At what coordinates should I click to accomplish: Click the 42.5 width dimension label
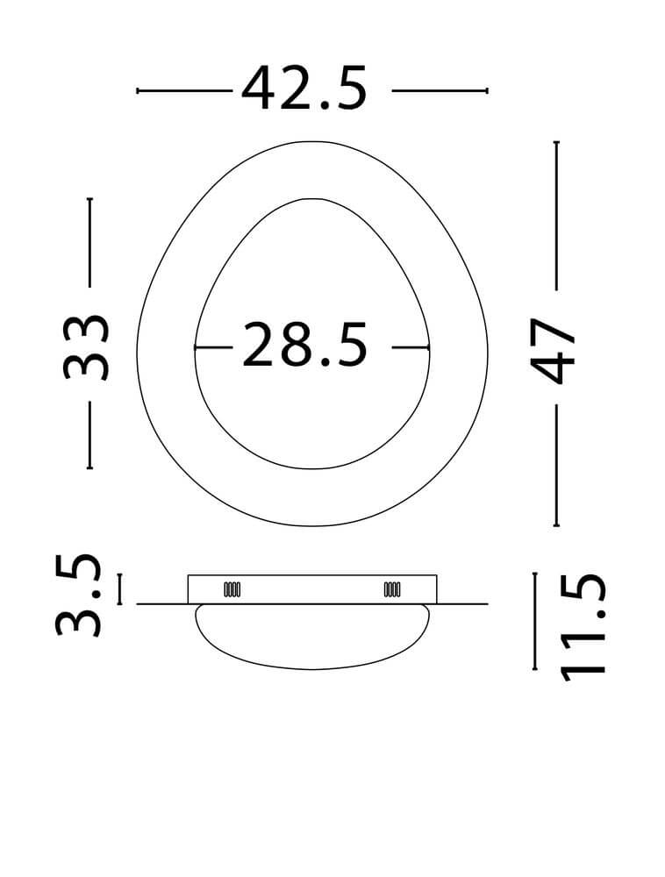pyautogui.click(x=304, y=89)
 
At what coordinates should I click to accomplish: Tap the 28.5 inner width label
pyautogui.click(x=304, y=345)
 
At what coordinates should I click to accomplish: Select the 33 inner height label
pyautogui.click(x=85, y=347)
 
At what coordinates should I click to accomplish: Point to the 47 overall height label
pyautogui.click(x=553, y=352)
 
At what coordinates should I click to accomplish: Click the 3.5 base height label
pyautogui.click(x=78, y=595)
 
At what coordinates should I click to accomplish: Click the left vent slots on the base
pyautogui.click(x=232, y=589)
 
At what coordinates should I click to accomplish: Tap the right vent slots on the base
pyautogui.click(x=392, y=589)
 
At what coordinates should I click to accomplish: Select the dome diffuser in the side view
pyautogui.click(x=312, y=637)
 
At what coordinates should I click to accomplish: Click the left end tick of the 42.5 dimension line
pyautogui.click(x=138, y=90)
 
